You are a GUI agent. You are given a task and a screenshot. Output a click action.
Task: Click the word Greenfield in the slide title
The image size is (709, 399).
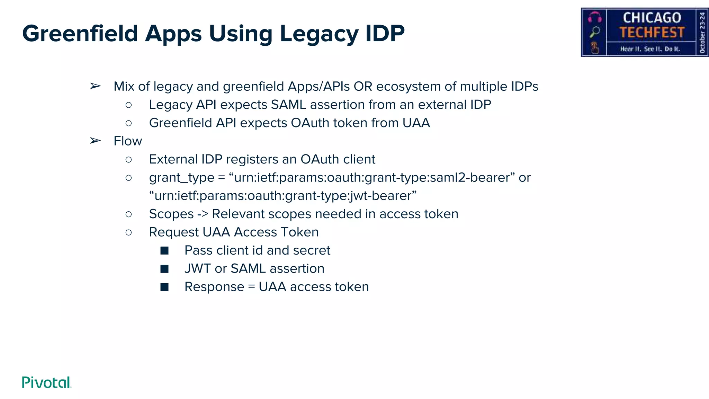(80, 34)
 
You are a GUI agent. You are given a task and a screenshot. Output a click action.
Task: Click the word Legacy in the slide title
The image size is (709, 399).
(318, 34)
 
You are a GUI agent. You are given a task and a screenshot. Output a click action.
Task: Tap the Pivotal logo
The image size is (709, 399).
(46, 382)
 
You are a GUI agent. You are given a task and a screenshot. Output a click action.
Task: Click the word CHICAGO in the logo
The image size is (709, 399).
(652, 18)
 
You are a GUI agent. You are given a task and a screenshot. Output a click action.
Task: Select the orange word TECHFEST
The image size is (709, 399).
(652, 33)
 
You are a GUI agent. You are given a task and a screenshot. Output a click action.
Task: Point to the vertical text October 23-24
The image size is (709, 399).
(702, 32)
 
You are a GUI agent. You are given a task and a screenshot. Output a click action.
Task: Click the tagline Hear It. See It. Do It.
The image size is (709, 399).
(650, 49)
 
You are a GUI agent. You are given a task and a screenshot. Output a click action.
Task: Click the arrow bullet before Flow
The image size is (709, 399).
(95, 141)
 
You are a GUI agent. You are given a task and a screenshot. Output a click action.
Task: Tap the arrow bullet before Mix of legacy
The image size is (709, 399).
(95, 86)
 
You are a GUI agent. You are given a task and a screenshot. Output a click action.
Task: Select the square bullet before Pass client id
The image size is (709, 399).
(164, 250)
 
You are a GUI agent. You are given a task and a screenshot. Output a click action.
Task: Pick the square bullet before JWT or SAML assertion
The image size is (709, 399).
(164, 269)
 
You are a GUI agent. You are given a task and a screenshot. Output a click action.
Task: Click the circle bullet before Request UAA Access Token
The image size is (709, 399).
(128, 232)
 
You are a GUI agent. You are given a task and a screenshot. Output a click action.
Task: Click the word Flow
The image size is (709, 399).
(128, 141)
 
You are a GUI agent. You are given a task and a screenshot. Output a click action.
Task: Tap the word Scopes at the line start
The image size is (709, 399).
(171, 214)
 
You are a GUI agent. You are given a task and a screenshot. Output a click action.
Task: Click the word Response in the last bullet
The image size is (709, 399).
(214, 287)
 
